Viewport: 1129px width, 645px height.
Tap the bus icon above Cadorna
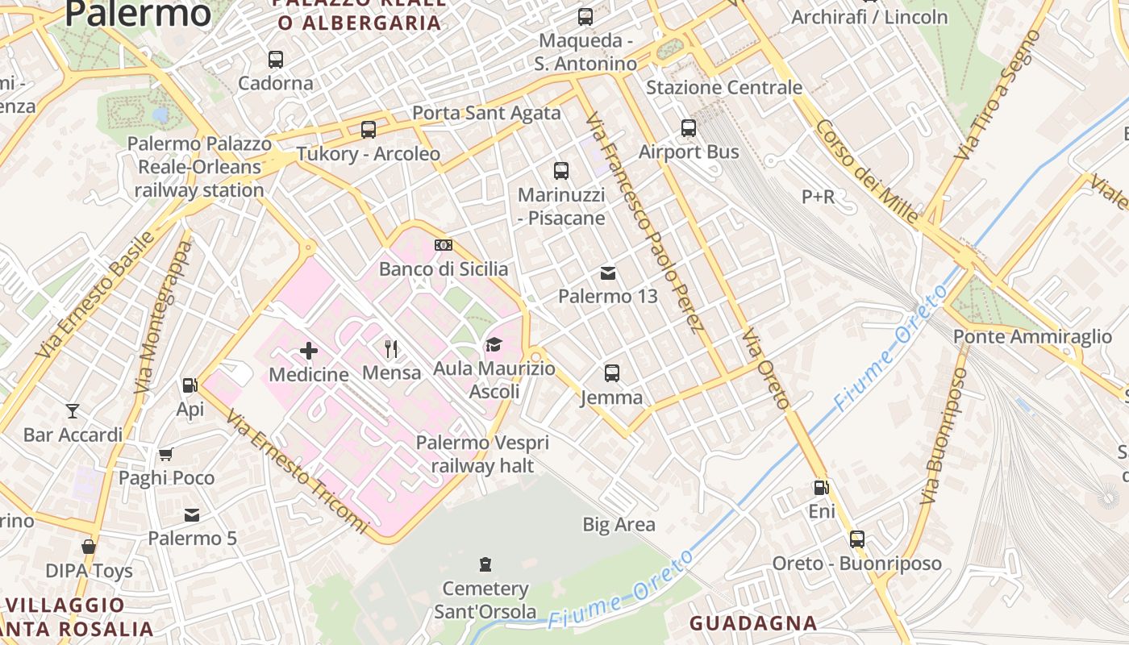tap(276, 59)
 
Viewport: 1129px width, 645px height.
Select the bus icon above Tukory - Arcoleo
tap(369, 129)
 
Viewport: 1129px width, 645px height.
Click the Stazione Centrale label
tap(723, 87)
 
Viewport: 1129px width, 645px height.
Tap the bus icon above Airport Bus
tap(689, 127)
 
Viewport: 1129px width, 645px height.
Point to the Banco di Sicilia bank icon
tap(444, 245)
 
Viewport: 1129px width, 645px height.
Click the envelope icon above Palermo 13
tap(608, 273)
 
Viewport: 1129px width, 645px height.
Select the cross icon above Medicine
tap(309, 351)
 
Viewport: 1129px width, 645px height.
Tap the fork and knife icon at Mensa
tap(392, 348)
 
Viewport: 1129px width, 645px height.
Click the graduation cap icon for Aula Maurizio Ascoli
tap(494, 345)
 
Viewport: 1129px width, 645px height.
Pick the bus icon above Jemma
tap(612, 372)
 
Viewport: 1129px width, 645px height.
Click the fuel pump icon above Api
tap(190, 385)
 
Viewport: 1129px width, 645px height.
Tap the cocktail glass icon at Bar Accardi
tap(73, 411)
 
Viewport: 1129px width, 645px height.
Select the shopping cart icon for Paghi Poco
tap(166, 454)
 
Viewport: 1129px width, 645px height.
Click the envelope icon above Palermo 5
tap(192, 514)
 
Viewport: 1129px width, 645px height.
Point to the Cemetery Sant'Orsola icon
tap(485, 564)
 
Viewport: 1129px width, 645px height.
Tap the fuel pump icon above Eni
tap(821, 487)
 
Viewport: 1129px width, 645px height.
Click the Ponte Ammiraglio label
tap(1032, 337)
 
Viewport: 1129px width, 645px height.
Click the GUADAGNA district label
tap(753, 623)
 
